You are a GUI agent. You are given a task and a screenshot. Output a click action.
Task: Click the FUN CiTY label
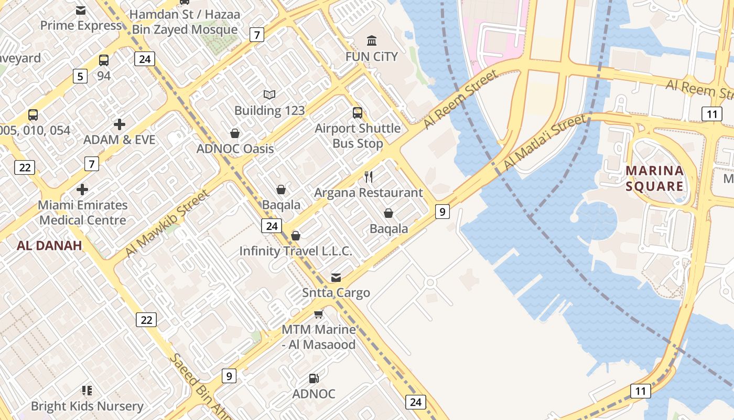(371, 56)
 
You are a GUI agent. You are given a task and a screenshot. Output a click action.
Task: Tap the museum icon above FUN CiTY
(372, 40)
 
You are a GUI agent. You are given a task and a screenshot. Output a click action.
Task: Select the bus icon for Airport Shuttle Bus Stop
(358, 112)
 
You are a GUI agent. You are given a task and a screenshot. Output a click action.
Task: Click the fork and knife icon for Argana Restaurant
(369, 177)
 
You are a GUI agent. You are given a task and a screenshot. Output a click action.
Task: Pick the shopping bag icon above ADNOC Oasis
(235, 133)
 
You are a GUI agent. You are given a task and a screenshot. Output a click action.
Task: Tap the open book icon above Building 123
(269, 94)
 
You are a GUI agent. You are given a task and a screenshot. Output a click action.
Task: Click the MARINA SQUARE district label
(655, 178)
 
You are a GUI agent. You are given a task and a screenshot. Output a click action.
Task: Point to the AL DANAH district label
(49, 245)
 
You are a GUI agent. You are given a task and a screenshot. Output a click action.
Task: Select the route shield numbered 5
(80, 77)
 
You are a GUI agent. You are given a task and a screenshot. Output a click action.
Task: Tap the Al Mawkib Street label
(167, 224)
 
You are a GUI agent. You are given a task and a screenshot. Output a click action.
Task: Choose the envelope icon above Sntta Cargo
(336, 277)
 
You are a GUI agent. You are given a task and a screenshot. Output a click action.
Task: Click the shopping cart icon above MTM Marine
(318, 314)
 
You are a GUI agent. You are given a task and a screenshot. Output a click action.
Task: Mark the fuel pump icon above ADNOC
(314, 378)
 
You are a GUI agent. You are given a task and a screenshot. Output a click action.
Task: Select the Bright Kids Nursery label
(87, 406)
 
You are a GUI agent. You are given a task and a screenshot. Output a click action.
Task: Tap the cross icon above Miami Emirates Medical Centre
(82, 189)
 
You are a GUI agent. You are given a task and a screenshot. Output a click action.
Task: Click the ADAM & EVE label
(120, 140)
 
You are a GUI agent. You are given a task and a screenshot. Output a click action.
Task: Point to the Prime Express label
(81, 26)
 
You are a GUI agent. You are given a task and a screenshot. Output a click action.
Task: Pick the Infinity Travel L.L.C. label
(296, 251)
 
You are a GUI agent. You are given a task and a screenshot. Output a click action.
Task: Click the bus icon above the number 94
(104, 60)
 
